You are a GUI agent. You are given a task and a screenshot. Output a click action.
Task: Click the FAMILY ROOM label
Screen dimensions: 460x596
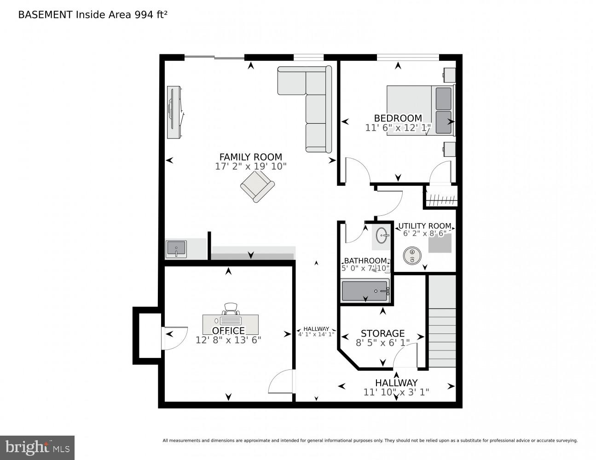250,156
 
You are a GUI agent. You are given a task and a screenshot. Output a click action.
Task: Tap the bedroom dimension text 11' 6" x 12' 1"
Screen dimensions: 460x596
398,128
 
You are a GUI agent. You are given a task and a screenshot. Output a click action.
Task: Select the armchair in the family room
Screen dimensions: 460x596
257,186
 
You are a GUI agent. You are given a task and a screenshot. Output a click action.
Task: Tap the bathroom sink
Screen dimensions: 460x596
382,236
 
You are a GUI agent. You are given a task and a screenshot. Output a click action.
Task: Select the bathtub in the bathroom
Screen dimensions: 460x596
365,291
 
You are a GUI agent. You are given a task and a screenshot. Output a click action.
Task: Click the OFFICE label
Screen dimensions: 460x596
228,331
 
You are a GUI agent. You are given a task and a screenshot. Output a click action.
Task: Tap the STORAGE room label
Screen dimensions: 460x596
382,333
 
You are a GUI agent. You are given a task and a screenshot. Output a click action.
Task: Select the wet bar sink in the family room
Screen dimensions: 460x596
176,249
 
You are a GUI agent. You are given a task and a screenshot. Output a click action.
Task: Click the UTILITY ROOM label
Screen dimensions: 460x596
424,226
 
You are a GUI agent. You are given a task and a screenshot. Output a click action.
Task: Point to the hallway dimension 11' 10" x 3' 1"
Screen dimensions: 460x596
396,392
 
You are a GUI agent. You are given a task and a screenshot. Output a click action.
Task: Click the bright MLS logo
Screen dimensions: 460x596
37,447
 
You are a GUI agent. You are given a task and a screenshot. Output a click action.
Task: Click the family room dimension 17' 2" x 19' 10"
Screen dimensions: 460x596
250,167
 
